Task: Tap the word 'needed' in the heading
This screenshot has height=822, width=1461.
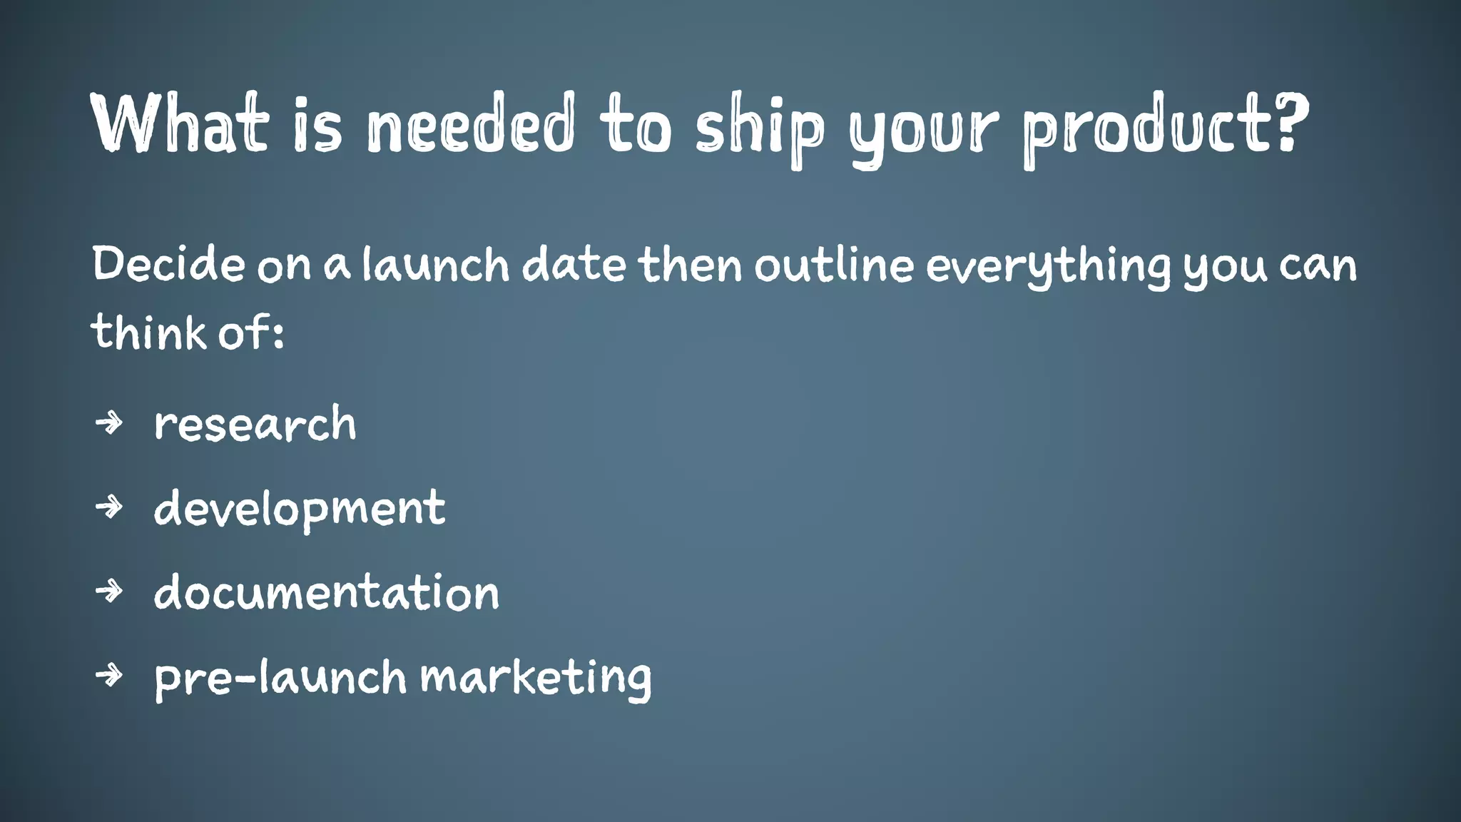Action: pyautogui.click(x=470, y=123)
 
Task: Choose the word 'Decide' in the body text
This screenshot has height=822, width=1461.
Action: pyautogui.click(x=168, y=264)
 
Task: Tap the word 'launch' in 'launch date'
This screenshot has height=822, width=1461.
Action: pyautogui.click(x=435, y=264)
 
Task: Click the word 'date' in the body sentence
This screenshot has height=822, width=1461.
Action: pyautogui.click(x=574, y=264)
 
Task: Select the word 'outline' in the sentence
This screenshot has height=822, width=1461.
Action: pyautogui.click(x=834, y=264)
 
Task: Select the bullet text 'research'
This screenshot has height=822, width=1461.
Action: pyautogui.click(x=255, y=424)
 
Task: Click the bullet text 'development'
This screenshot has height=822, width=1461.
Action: pyautogui.click(x=300, y=509)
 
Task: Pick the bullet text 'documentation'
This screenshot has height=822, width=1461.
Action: pyautogui.click(x=326, y=592)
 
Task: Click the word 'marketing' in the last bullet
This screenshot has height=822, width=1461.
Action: pyautogui.click(x=535, y=678)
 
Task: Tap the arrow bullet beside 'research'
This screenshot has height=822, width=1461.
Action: pyautogui.click(x=109, y=423)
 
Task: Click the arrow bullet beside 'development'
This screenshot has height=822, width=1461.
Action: pyautogui.click(x=109, y=507)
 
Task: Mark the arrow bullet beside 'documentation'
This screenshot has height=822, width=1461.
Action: pyautogui.click(x=109, y=591)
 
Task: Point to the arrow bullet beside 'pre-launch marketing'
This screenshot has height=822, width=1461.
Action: pyautogui.click(x=109, y=674)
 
